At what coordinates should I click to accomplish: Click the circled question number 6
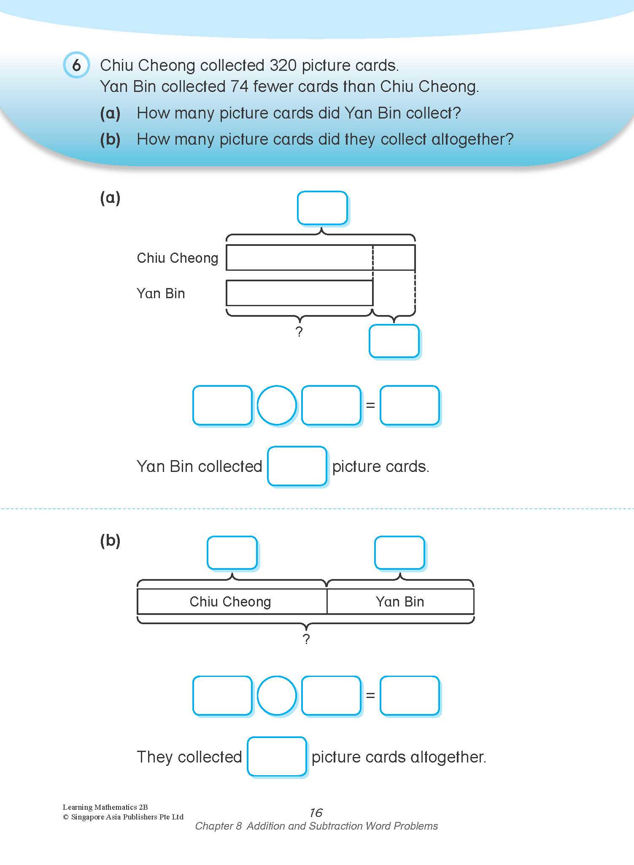point(76,65)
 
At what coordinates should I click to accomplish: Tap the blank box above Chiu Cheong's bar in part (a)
point(322,208)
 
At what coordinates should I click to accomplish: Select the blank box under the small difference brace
point(394,341)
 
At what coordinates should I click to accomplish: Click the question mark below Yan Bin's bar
point(299,332)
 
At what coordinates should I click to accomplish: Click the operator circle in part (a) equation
point(277,405)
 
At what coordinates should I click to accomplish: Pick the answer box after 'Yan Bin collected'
point(297,466)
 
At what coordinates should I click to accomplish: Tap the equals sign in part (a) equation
point(370,405)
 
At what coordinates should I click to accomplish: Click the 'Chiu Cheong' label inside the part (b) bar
point(230,601)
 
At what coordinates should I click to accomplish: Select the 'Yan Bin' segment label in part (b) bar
point(400,601)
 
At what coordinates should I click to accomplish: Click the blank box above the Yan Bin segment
point(399,552)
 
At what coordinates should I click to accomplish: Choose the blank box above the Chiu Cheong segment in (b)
point(232,552)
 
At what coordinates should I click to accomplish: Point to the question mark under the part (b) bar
point(306,639)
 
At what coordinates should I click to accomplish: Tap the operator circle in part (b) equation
point(277,695)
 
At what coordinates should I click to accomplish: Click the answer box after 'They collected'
point(276,757)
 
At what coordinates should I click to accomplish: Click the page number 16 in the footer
point(316,813)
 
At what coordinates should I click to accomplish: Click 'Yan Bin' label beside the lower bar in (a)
point(161,294)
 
